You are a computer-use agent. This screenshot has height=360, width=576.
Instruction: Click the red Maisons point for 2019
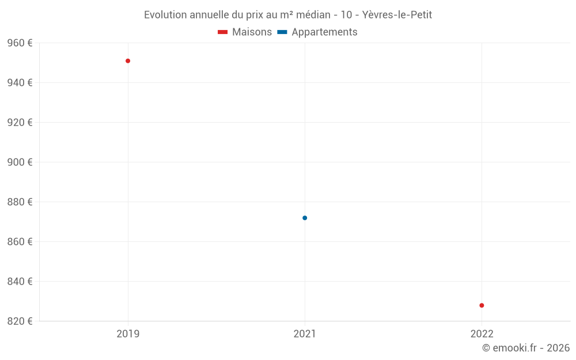click(128, 61)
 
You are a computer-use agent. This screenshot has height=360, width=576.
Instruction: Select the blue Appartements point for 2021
click(305, 218)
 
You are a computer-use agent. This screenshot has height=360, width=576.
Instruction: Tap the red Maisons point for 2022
click(482, 305)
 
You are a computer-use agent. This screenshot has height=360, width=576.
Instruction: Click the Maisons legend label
click(252, 32)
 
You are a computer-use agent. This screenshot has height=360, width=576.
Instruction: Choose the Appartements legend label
click(324, 32)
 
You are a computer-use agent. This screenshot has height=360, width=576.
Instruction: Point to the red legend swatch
click(223, 32)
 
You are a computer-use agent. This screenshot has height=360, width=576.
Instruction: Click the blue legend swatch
click(282, 32)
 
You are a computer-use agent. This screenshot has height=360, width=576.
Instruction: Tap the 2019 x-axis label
click(128, 334)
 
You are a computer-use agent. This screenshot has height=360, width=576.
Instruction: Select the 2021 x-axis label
click(305, 334)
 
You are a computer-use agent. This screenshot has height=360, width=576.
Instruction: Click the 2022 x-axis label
click(482, 334)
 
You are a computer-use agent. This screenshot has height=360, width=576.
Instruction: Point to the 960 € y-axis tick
click(20, 43)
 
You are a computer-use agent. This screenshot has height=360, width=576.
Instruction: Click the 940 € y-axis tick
click(20, 83)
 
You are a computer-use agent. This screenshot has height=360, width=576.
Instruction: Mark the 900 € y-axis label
click(20, 162)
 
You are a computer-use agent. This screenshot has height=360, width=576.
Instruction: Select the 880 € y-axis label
click(20, 202)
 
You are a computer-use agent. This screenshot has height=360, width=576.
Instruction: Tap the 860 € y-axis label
click(20, 242)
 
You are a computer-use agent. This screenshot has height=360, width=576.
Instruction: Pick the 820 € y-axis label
click(20, 321)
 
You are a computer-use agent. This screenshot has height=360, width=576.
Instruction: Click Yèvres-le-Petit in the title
click(397, 15)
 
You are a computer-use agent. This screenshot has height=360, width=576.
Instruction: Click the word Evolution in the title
click(165, 15)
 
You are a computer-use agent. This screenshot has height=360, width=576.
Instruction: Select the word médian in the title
click(311, 15)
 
